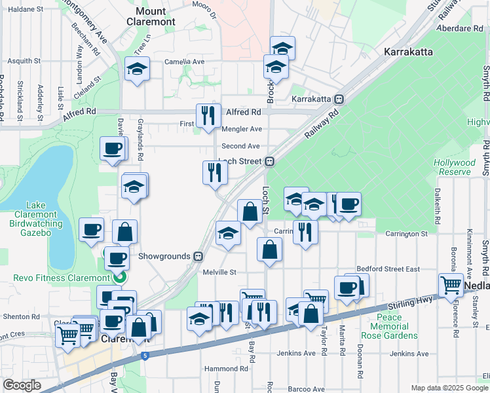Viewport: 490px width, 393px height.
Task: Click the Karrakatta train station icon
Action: click(x=339, y=99)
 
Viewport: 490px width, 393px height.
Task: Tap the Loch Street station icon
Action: click(x=269, y=161)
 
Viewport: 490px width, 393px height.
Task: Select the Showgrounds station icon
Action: click(x=197, y=256)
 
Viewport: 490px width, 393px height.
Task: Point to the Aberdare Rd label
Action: click(x=462, y=28)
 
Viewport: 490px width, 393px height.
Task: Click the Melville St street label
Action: click(x=218, y=272)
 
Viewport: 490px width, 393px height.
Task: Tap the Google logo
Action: click(x=22, y=385)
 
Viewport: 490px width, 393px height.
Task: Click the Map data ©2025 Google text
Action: click(x=449, y=388)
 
